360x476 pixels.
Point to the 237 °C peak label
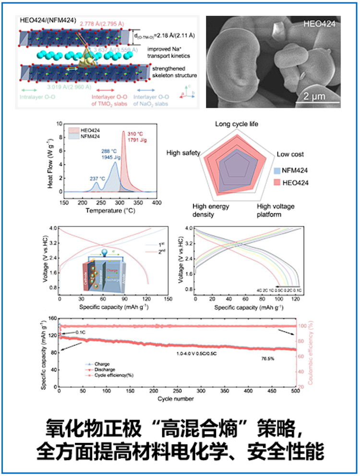click(x=98, y=178)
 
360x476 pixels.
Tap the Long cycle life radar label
click(x=237, y=124)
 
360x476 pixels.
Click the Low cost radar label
click(x=290, y=154)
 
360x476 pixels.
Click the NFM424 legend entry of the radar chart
click(x=298, y=170)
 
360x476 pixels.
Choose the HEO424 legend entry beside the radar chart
click(x=298, y=182)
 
